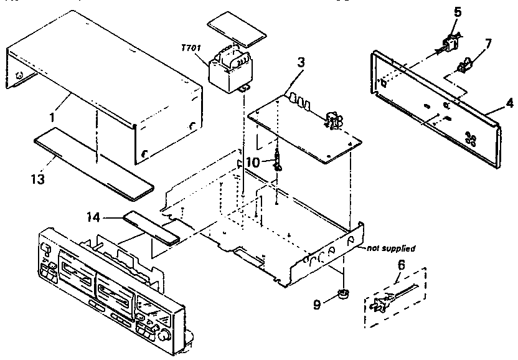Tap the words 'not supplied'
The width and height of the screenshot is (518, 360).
click(390, 248)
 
